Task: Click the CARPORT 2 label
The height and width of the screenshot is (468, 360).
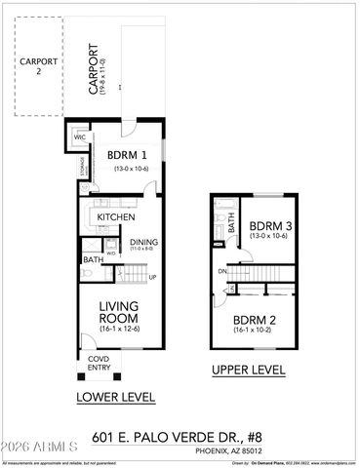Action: (36, 66)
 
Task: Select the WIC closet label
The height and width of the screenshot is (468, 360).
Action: (80, 138)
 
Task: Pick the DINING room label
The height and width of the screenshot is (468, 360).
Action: (143, 242)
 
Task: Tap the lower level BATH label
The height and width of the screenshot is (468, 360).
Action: (93, 260)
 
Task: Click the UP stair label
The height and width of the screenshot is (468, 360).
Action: (152, 277)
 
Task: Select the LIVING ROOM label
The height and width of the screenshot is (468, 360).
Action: (118, 312)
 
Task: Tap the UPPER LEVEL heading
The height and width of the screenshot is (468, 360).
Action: (249, 370)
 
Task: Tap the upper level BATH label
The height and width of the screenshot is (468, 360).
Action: (231, 223)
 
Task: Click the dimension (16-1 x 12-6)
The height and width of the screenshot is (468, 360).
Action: (118, 330)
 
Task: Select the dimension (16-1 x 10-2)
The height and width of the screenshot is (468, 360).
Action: (252, 331)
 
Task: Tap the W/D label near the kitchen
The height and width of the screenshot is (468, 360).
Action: (111, 253)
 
